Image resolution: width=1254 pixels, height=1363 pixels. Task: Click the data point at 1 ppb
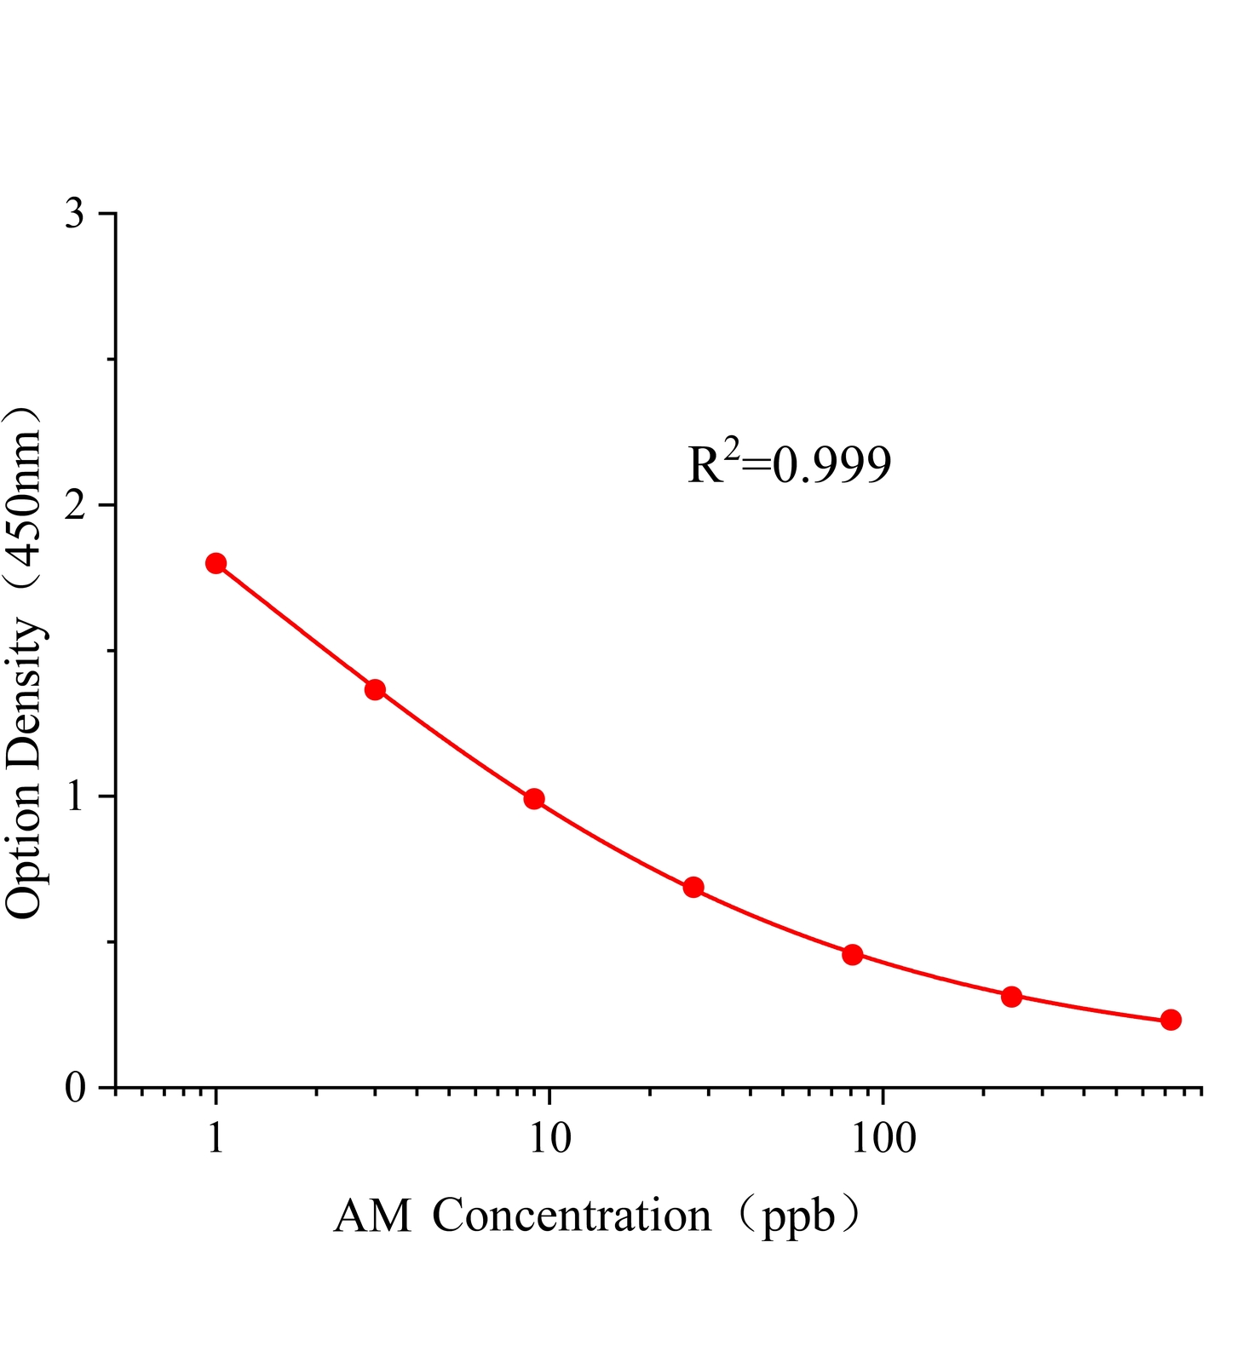click(x=216, y=563)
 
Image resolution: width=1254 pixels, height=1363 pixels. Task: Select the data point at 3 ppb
click(x=375, y=689)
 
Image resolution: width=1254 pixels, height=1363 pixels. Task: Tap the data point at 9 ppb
click(x=534, y=798)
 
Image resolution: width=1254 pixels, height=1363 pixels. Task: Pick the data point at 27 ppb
click(x=693, y=887)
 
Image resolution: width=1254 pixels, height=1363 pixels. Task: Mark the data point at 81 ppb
click(x=853, y=954)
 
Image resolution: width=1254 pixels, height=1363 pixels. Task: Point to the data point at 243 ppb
click(x=1011, y=996)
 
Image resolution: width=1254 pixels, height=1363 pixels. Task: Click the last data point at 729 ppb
click(x=1171, y=1020)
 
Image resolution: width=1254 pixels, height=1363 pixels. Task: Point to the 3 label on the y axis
click(x=76, y=213)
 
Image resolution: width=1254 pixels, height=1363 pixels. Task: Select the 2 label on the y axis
click(x=76, y=504)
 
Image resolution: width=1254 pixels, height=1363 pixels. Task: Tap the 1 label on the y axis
click(x=76, y=796)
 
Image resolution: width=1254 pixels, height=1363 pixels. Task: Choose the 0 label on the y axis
click(x=76, y=1088)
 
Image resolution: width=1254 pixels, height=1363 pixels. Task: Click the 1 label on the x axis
click(x=216, y=1138)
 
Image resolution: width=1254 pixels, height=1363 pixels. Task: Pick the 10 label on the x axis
click(x=549, y=1138)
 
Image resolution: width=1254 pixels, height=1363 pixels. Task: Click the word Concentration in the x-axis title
click(x=572, y=1216)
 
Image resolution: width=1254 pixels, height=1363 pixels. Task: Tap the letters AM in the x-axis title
click(x=372, y=1216)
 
